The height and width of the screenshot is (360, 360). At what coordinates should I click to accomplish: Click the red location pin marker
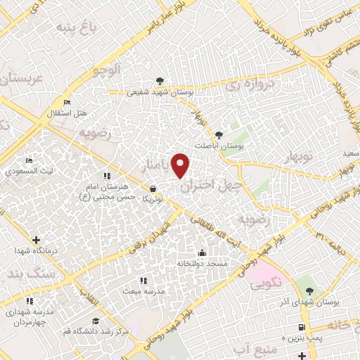click(x=181, y=165)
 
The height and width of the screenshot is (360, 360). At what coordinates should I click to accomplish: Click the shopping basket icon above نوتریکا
click(x=153, y=188)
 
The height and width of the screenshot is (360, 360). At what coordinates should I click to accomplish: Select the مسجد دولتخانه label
click(x=202, y=262)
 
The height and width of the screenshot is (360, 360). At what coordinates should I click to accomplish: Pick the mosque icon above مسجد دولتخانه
click(x=202, y=252)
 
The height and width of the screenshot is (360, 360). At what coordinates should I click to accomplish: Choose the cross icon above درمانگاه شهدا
click(x=35, y=240)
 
